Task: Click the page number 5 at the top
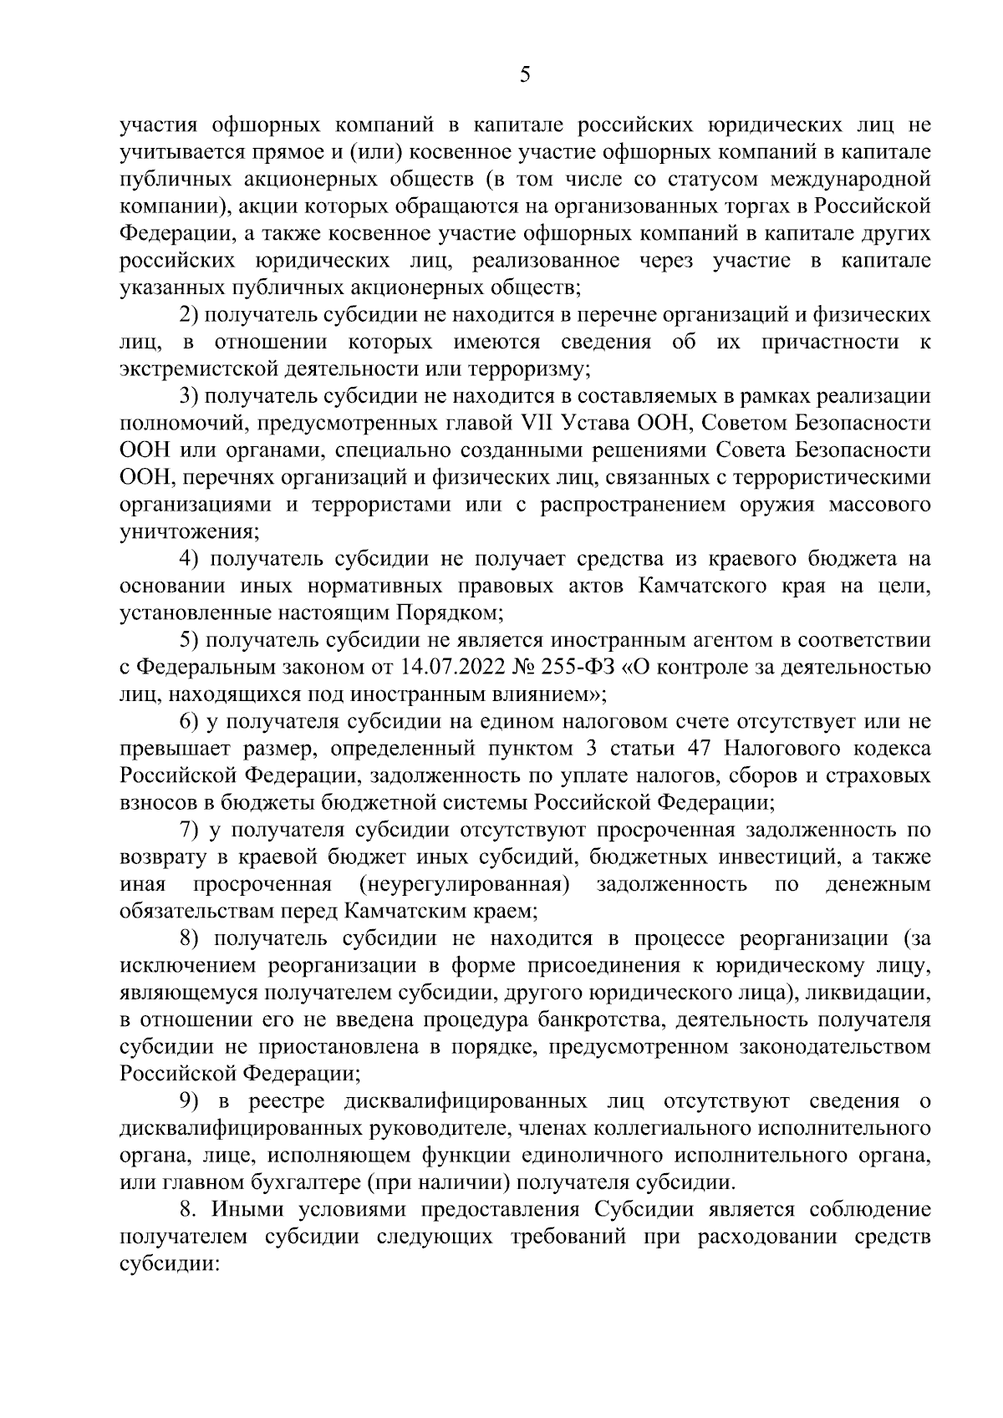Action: click(524, 75)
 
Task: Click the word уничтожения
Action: click(188, 531)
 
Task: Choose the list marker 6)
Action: click(190, 721)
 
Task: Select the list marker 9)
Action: click(190, 1101)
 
